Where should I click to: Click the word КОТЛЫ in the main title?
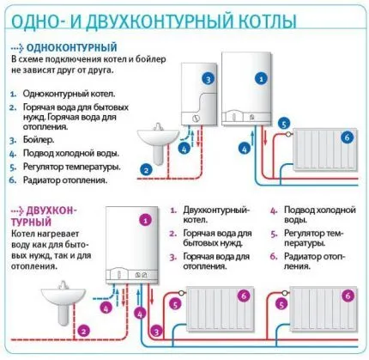pos(268,21)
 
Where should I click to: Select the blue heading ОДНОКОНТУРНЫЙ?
pos(72,47)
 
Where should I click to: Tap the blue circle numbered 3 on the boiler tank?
pos(208,79)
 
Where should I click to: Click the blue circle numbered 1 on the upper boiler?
pos(261,78)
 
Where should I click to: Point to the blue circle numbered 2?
pos(146,170)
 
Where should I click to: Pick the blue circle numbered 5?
pos(284,125)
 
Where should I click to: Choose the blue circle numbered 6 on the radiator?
pos(347,137)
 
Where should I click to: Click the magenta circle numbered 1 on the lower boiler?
pos(146,220)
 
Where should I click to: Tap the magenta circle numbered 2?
pos(83,332)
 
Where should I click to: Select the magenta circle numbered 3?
pos(156,332)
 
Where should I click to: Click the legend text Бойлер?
pos(39,140)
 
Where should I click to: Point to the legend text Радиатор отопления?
pos(65,180)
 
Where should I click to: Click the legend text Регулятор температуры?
pos(72,167)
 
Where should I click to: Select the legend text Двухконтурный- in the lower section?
pos(216,210)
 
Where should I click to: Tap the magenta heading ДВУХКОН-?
pos(51,211)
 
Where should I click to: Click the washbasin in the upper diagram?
pos(158,143)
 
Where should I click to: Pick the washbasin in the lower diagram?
pos(64,302)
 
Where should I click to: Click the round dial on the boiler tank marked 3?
pos(196,118)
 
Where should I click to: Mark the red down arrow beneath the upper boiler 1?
pos(265,137)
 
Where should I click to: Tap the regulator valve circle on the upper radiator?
pos(288,133)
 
